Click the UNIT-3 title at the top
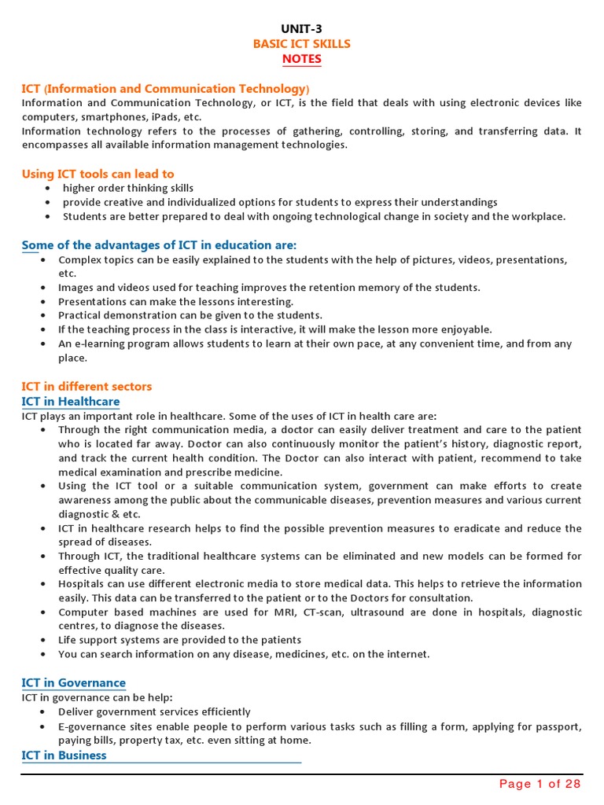point(302,29)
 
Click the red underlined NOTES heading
point(302,60)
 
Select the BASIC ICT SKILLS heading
point(302,44)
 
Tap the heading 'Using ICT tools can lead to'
point(98,174)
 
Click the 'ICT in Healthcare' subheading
point(71,402)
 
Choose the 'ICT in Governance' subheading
point(73,682)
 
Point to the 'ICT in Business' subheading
point(64,755)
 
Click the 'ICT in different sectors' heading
point(87,387)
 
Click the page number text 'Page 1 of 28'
point(540,784)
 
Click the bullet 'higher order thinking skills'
point(128,188)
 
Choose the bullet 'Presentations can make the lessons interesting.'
point(176,301)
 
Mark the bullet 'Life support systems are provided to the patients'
point(180,640)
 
